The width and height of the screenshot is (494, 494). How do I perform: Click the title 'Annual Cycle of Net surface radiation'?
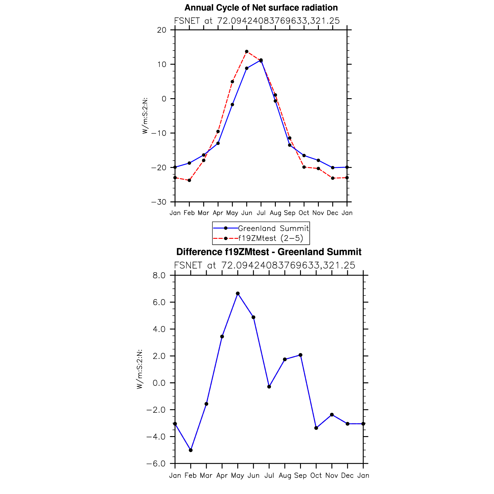point(261,8)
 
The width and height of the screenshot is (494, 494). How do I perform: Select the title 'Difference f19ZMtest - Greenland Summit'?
point(269,252)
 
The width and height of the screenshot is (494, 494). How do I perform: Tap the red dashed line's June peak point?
point(247,52)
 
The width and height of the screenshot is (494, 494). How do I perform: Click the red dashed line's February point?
point(189,180)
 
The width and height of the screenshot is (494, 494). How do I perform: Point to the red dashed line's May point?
point(232,82)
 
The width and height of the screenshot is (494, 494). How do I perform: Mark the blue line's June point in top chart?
point(247,68)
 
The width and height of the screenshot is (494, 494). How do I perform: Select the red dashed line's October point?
point(304,167)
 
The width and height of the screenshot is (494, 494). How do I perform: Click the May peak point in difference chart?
point(238,293)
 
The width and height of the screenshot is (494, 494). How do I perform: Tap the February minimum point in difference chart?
point(191,450)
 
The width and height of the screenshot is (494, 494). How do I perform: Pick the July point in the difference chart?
point(269,387)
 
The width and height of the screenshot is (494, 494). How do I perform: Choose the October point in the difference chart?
point(316,428)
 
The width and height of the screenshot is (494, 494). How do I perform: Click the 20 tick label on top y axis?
point(162,30)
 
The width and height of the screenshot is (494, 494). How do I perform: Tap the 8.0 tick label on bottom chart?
point(159,275)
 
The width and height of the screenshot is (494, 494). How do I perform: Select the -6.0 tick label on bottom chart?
point(156,464)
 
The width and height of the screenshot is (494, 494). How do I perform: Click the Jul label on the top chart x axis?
point(261,213)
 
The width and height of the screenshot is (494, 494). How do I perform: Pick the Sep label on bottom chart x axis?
point(300,476)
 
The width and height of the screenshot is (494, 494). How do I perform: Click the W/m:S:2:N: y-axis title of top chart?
point(145,116)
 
